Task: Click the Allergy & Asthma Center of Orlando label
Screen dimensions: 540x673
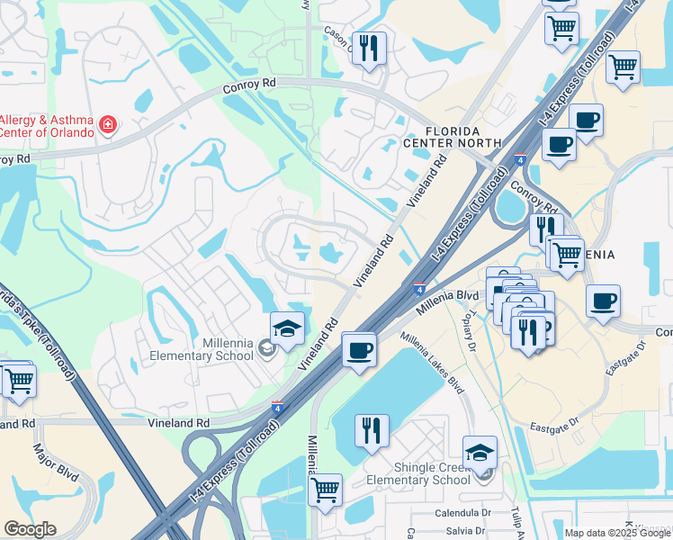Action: (x=47, y=126)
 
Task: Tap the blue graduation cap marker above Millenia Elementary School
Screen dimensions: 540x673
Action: (x=287, y=329)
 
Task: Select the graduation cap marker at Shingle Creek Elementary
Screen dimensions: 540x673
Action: (x=480, y=453)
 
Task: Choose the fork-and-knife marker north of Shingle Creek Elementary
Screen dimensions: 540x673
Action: (x=372, y=430)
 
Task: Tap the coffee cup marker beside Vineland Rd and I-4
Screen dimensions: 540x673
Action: (x=359, y=349)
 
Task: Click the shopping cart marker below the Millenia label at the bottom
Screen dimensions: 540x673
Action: (x=325, y=490)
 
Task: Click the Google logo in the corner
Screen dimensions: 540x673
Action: (x=30, y=529)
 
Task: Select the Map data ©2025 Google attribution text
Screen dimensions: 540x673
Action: (x=616, y=533)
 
